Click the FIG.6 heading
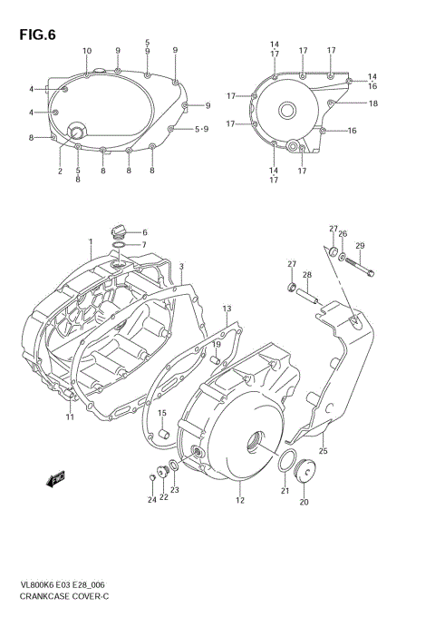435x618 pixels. (35, 35)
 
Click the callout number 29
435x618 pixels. (360, 246)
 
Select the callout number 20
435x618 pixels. (304, 502)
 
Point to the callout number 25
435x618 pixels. (324, 450)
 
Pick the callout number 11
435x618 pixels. (68, 417)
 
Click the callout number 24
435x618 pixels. (152, 500)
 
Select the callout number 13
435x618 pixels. (227, 309)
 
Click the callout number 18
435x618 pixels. (372, 103)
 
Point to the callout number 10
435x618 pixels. (87, 51)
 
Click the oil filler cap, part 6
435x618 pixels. (118, 231)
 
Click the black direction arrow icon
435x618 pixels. (56, 477)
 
